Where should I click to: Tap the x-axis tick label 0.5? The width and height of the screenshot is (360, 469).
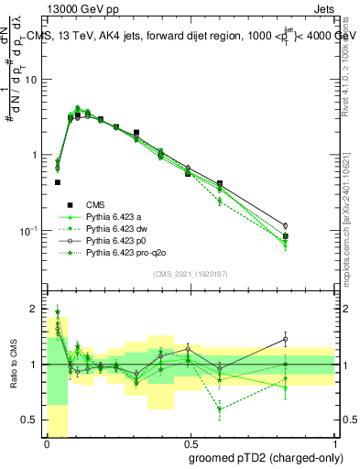point(191,442)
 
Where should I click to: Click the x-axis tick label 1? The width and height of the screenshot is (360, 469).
point(335,442)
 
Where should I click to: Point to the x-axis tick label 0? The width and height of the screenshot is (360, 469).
point(47,442)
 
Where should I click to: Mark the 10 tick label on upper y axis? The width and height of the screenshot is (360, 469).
point(31,80)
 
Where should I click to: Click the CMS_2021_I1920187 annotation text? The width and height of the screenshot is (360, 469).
point(191,274)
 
